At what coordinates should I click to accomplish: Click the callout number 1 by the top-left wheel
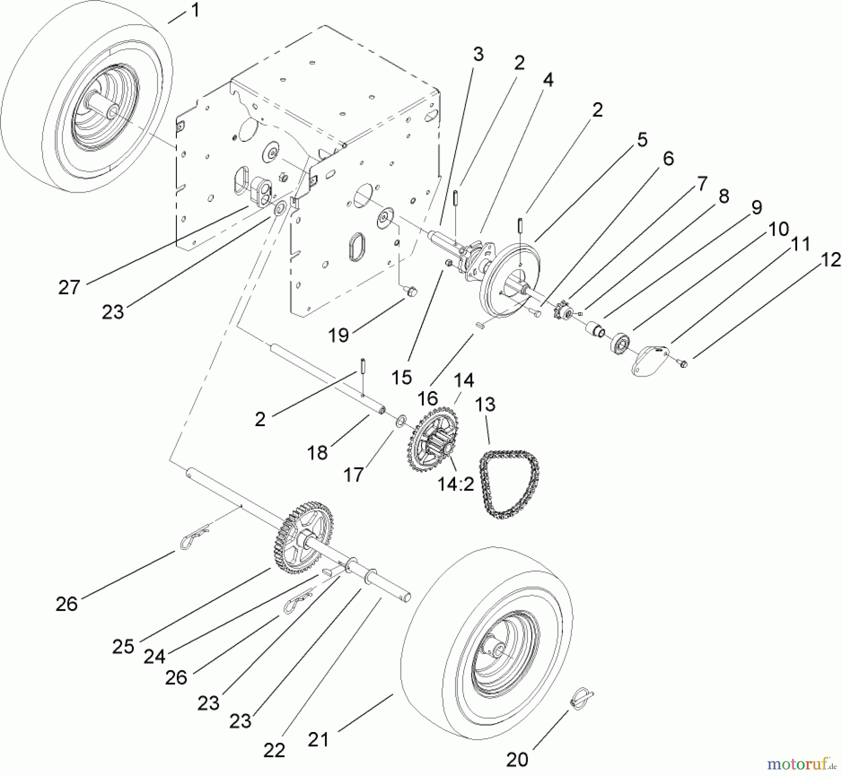[x=195, y=10]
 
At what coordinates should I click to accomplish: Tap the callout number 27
[x=69, y=287]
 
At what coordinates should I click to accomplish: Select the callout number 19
[x=338, y=335]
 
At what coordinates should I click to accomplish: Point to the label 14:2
[x=456, y=484]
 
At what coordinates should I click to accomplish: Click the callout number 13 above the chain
[x=485, y=404]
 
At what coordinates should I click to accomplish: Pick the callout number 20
[x=517, y=760]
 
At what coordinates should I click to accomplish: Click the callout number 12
[x=831, y=260]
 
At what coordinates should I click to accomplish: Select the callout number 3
[x=478, y=55]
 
